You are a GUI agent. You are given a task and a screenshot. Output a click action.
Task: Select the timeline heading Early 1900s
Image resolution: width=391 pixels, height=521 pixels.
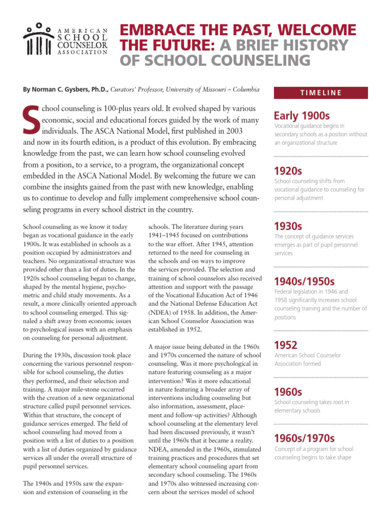(x=302, y=115)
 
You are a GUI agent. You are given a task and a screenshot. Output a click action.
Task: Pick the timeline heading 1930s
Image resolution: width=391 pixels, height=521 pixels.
(x=288, y=225)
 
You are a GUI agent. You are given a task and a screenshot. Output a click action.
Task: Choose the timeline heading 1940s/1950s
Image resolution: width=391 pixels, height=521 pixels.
(x=304, y=281)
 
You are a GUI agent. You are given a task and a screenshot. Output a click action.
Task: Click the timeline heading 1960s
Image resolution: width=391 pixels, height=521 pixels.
(x=288, y=391)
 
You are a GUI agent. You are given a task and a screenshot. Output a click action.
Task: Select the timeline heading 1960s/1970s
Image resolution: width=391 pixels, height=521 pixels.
(x=304, y=438)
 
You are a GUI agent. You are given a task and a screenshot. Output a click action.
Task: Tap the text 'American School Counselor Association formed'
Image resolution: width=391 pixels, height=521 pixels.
(x=308, y=360)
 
